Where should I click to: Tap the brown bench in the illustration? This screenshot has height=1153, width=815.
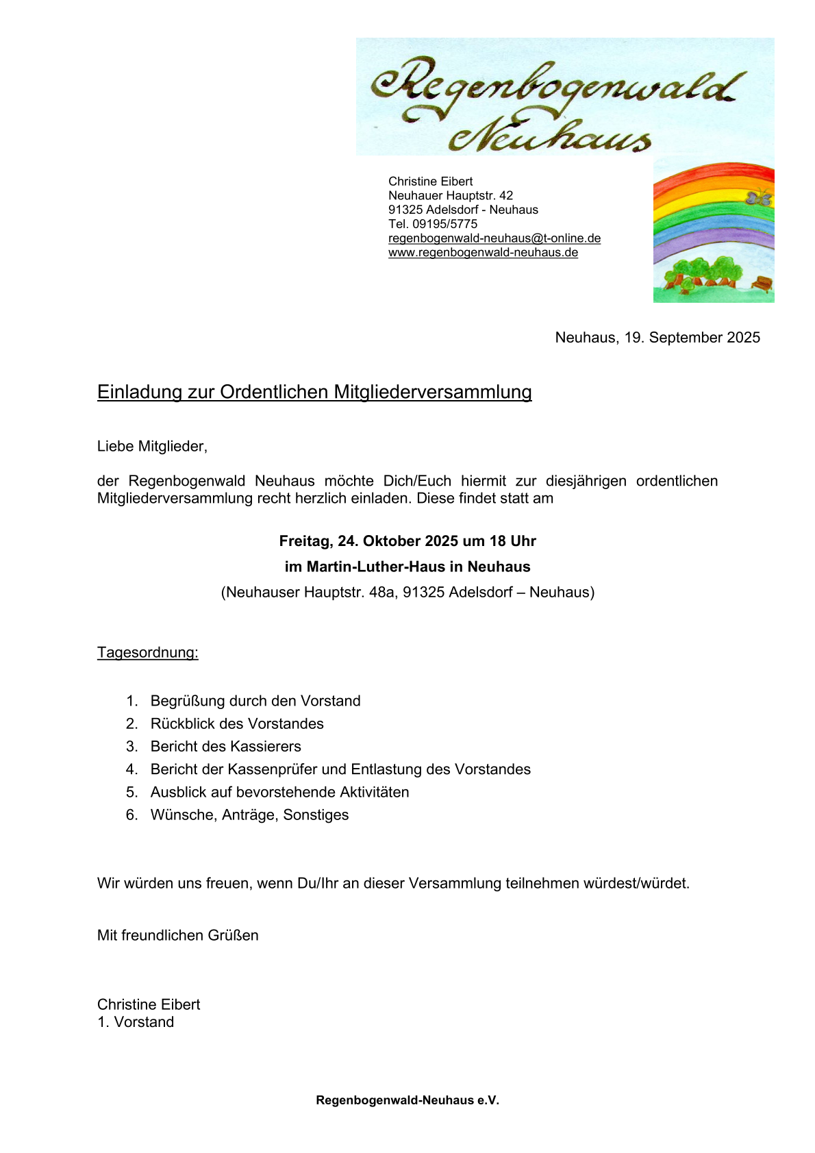[762, 282]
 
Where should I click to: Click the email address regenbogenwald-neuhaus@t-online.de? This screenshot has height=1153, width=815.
[494, 238]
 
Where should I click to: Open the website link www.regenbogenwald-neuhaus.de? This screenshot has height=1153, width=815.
[483, 253]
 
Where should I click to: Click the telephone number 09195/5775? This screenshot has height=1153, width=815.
[444, 224]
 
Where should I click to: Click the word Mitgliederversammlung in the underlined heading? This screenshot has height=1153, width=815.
[433, 392]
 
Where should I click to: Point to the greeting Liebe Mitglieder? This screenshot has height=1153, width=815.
[152, 447]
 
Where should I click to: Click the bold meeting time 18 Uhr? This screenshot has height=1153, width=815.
[512, 541]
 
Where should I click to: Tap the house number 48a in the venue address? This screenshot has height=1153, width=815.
[382, 592]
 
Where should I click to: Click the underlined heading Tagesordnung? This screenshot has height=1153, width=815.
[147, 652]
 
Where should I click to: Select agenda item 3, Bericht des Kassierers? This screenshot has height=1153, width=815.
[225, 746]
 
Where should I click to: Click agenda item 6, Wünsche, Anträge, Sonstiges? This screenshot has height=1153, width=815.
[249, 815]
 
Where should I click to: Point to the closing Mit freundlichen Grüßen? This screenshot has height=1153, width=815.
[177, 935]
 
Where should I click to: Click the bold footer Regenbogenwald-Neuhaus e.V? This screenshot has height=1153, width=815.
[407, 1100]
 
